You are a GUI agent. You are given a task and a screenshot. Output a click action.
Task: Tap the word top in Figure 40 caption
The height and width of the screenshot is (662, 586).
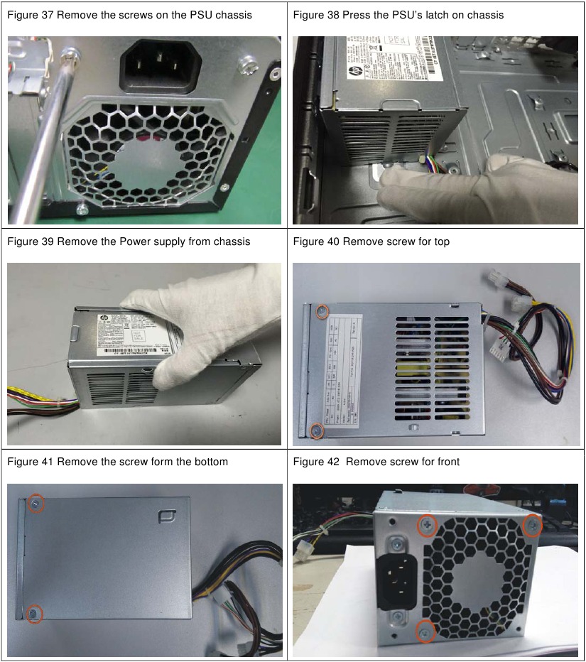pyautogui.click(x=441, y=242)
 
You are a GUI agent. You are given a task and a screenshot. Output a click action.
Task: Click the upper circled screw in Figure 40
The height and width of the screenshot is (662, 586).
pyautogui.click(x=322, y=311)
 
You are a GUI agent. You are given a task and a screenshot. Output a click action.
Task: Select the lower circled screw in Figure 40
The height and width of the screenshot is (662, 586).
pyautogui.click(x=318, y=428)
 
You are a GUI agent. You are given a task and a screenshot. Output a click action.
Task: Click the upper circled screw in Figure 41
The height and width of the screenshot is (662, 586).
pyautogui.click(x=36, y=504)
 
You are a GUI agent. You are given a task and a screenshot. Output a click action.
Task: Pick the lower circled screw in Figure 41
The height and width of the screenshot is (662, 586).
pyautogui.click(x=33, y=613)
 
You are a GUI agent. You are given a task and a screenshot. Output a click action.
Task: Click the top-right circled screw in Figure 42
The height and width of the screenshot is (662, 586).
pyautogui.click(x=532, y=525)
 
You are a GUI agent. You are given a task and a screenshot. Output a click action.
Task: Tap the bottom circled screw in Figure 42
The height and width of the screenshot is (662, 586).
pyautogui.click(x=425, y=630)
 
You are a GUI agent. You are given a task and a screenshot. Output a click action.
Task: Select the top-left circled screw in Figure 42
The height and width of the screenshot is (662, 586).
pyautogui.click(x=425, y=526)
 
